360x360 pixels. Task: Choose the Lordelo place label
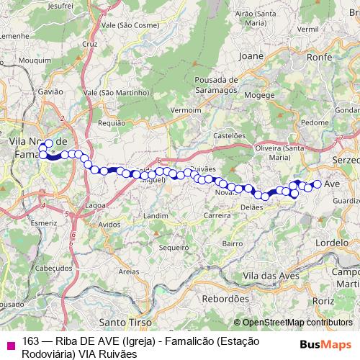(331, 243)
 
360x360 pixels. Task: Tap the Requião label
(112, 123)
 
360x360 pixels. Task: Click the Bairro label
(233, 243)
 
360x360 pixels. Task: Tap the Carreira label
(217, 215)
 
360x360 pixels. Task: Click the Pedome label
(314, 122)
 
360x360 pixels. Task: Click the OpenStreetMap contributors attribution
(297, 323)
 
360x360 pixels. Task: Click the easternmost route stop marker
(317, 184)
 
